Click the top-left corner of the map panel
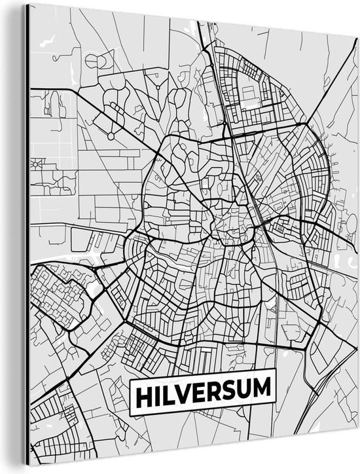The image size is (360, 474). tap(30, 5)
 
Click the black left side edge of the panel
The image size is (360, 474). tap(27, 236)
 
